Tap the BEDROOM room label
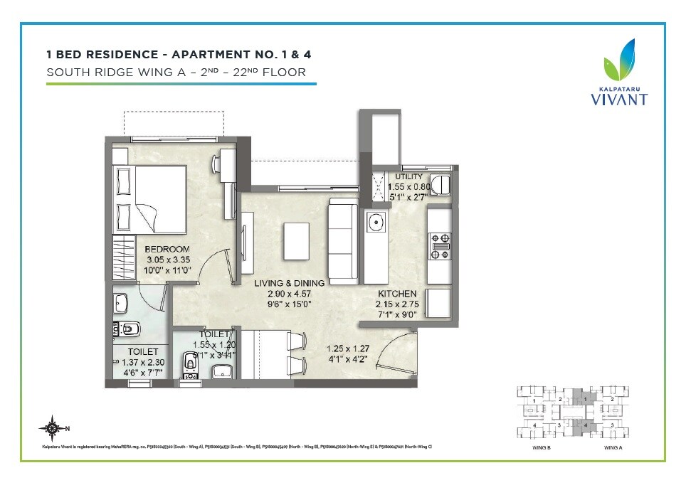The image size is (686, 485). click(167, 249)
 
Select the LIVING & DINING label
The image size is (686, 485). click(290, 283)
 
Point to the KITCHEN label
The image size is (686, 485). click(396, 294)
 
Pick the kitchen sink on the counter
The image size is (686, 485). click(375, 223)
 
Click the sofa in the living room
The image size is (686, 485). click(342, 241)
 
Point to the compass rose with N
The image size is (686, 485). click(52, 427)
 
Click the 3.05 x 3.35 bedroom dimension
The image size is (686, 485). click(167, 260)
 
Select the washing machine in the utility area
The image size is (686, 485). click(440, 185)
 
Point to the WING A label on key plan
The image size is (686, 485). click(613, 447)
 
